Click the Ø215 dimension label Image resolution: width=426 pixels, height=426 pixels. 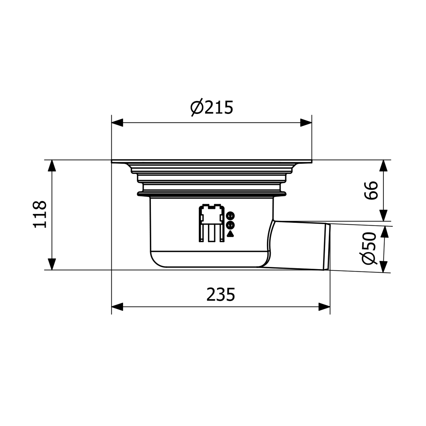coord(212,107)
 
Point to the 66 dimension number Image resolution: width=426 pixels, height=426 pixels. coord(371,190)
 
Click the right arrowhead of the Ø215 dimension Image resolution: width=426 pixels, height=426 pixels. coord(306,123)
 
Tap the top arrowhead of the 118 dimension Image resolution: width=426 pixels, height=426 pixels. coord(52,166)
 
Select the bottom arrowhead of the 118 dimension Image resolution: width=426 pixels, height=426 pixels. coord(52,264)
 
